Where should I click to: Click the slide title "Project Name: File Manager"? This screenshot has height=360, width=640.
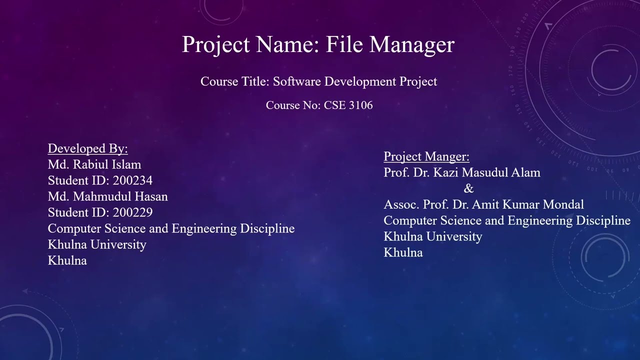pos(318,44)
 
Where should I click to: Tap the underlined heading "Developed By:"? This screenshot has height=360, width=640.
pos(88,148)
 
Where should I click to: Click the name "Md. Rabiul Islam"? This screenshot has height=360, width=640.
pos(94,164)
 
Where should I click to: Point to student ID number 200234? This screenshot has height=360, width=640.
pos(132,180)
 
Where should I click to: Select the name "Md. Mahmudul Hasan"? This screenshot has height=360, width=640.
pos(108,196)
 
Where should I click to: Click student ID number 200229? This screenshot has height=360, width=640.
pos(132,212)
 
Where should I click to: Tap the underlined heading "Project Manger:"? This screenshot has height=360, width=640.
pos(426,156)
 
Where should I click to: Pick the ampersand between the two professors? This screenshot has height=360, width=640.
pos(468,188)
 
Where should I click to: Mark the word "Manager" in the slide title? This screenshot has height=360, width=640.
pos(412,44)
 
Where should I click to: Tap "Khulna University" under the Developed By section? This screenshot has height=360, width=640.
pos(97,244)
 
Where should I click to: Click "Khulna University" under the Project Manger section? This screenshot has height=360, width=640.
pos(433,236)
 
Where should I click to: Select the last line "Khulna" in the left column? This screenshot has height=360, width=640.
pos(67,260)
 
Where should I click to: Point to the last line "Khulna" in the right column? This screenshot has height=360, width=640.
pos(403,252)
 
